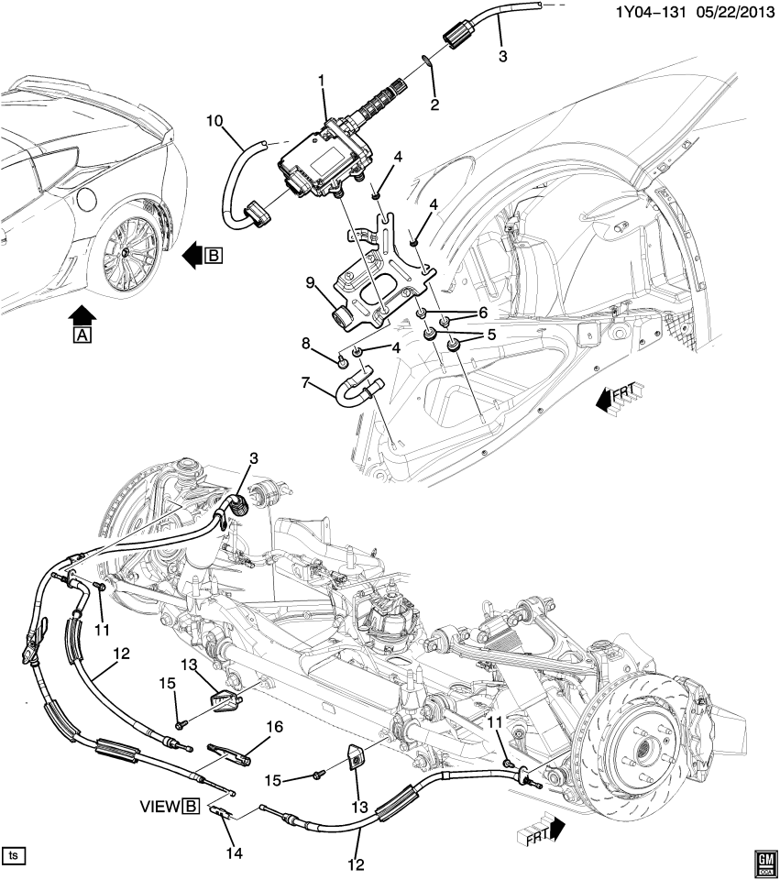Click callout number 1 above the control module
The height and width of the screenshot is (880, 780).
pyautogui.click(x=323, y=82)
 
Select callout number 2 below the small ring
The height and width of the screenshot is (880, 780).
pyautogui.click(x=434, y=104)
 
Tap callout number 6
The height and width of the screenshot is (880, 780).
pyautogui.click(x=483, y=313)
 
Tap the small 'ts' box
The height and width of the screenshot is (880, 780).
pyautogui.click(x=13, y=855)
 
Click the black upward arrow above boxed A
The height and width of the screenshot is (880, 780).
pyautogui.click(x=82, y=316)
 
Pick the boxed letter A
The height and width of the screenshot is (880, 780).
pyautogui.click(x=82, y=336)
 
